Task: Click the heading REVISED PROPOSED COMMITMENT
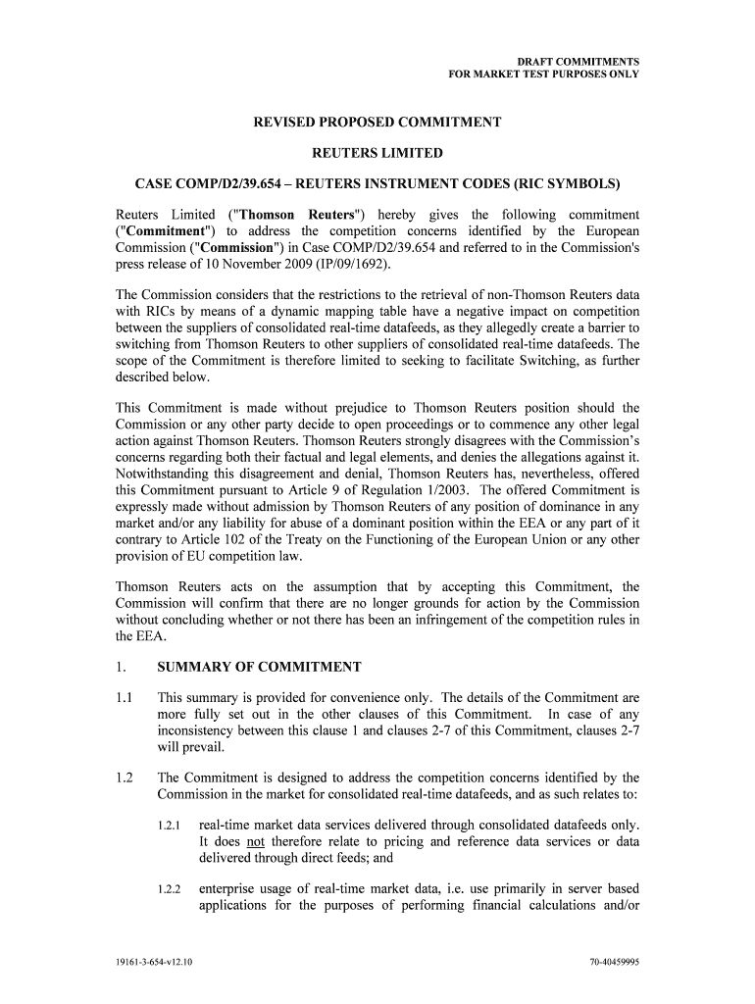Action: (x=377, y=123)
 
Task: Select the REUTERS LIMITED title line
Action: (x=377, y=153)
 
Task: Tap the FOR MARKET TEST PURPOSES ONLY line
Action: (x=543, y=74)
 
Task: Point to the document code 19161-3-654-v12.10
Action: (x=152, y=962)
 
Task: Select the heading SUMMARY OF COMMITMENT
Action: (x=260, y=668)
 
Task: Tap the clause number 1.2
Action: (x=125, y=778)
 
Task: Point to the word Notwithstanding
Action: (x=167, y=475)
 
